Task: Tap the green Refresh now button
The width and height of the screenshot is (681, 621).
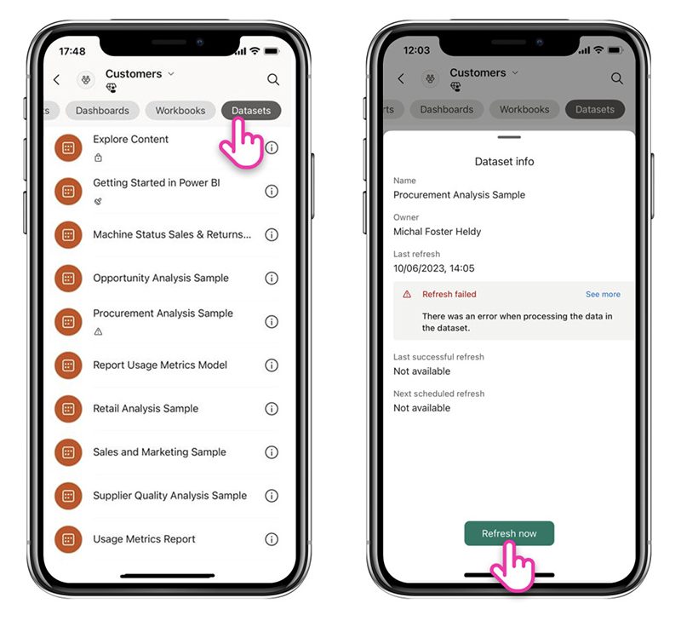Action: (x=509, y=533)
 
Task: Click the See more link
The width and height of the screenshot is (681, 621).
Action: (x=603, y=294)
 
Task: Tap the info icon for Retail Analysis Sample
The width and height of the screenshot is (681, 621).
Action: (x=272, y=409)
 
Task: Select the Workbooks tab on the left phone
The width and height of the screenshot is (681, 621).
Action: (x=180, y=111)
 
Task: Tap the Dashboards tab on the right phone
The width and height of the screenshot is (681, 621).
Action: (x=446, y=109)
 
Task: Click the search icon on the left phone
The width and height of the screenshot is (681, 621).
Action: (x=273, y=79)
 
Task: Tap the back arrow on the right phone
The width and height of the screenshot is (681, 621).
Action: (x=401, y=78)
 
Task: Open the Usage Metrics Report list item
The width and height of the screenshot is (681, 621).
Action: (x=144, y=539)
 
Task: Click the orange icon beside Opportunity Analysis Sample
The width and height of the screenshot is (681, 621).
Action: (x=68, y=278)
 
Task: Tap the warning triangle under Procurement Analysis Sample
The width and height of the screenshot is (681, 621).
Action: (x=98, y=331)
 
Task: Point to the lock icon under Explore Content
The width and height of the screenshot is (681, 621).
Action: (x=98, y=158)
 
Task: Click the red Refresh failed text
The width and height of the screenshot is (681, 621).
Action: (x=449, y=294)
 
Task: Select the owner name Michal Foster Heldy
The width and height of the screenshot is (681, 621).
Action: (x=437, y=232)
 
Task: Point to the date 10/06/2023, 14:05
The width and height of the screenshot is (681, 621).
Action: (x=434, y=268)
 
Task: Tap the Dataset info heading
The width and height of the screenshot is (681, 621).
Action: (x=504, y=161)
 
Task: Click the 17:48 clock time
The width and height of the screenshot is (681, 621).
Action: (x=72, y=51)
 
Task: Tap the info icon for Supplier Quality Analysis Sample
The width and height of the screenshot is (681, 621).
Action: (x=272, y=496)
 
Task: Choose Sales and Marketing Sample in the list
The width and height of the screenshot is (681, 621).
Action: (x=159, y=452)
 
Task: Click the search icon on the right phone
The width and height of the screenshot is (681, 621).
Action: (x=617, y=78)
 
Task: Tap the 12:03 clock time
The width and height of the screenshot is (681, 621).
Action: (x=416, y=50)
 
